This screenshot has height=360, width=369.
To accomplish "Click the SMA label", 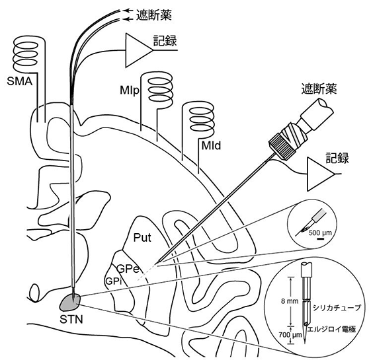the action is click(20, 81).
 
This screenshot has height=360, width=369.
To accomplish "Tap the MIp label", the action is click(130, 90).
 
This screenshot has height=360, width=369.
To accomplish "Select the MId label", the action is click(211, 145).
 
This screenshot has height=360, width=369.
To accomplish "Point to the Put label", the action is click(142, 238).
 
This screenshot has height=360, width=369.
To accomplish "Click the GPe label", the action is click(128, 269).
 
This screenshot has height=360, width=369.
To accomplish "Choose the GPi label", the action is click(114, 281).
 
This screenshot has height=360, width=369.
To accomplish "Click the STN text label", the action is click(71, 320).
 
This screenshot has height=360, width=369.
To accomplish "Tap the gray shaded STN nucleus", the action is click(70, 302).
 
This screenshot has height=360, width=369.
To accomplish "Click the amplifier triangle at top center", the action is click(139, 50).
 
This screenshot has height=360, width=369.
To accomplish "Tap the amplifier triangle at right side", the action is click(321, 174).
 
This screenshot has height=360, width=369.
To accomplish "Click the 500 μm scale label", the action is click(320, 233).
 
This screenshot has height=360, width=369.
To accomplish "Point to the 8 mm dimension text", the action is click(290, 301).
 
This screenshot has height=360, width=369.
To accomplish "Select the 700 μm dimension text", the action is click(290, 334).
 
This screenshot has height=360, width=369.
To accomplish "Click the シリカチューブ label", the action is click(337, 308).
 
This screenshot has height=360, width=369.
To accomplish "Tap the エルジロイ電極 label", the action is click(331, 329).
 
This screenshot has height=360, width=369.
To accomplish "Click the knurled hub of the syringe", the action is click(282, 146).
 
